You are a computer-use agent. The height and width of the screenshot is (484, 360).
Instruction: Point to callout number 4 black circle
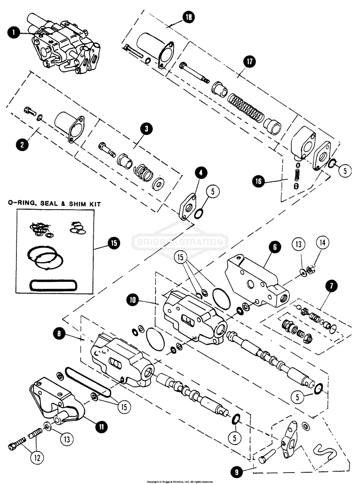[201, 173]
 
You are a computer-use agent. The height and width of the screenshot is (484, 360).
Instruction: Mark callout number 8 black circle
[60, 334]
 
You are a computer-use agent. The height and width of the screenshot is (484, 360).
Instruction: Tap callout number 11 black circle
[101, 427]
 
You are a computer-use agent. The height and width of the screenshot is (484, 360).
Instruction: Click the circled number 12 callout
[37, 458]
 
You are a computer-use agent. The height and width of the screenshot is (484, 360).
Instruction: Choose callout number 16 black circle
[258, 181]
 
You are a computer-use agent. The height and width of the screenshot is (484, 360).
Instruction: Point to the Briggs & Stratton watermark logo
[180, 242]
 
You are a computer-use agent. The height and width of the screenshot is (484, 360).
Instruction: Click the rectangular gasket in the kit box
[53, 285]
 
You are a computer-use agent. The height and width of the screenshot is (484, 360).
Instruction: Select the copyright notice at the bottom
[180, 481]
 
